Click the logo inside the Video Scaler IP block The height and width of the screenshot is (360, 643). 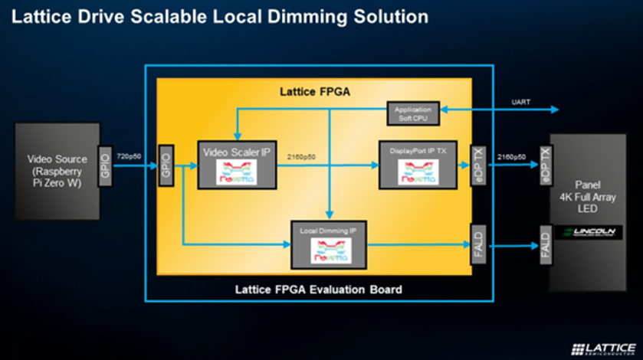pyautogui.click(x=237, y=172)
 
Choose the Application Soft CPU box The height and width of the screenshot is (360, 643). pyautogui.click(x=413, y=114)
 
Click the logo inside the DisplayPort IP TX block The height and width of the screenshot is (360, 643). pyautogui.click(x=418, y=172)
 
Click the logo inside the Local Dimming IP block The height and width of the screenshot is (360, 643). pyautogui.click(x=330, y=250)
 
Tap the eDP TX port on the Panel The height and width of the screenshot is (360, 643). pyautogui.click(x=546, y=165)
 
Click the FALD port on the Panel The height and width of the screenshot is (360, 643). pyautogui.click(x=546, y=245)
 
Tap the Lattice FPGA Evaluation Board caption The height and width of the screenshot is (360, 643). pyautogui.click(x=318, y=290)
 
